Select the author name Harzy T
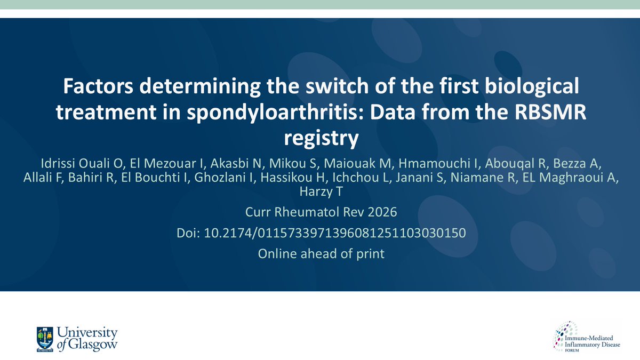(x=320, y=190)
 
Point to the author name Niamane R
(x=486, y=177)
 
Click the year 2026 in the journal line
(x=379, y=212)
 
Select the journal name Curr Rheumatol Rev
(x=301, y=212)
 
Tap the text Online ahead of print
(x=321, y=254)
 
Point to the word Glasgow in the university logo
(x=91, y=344)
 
